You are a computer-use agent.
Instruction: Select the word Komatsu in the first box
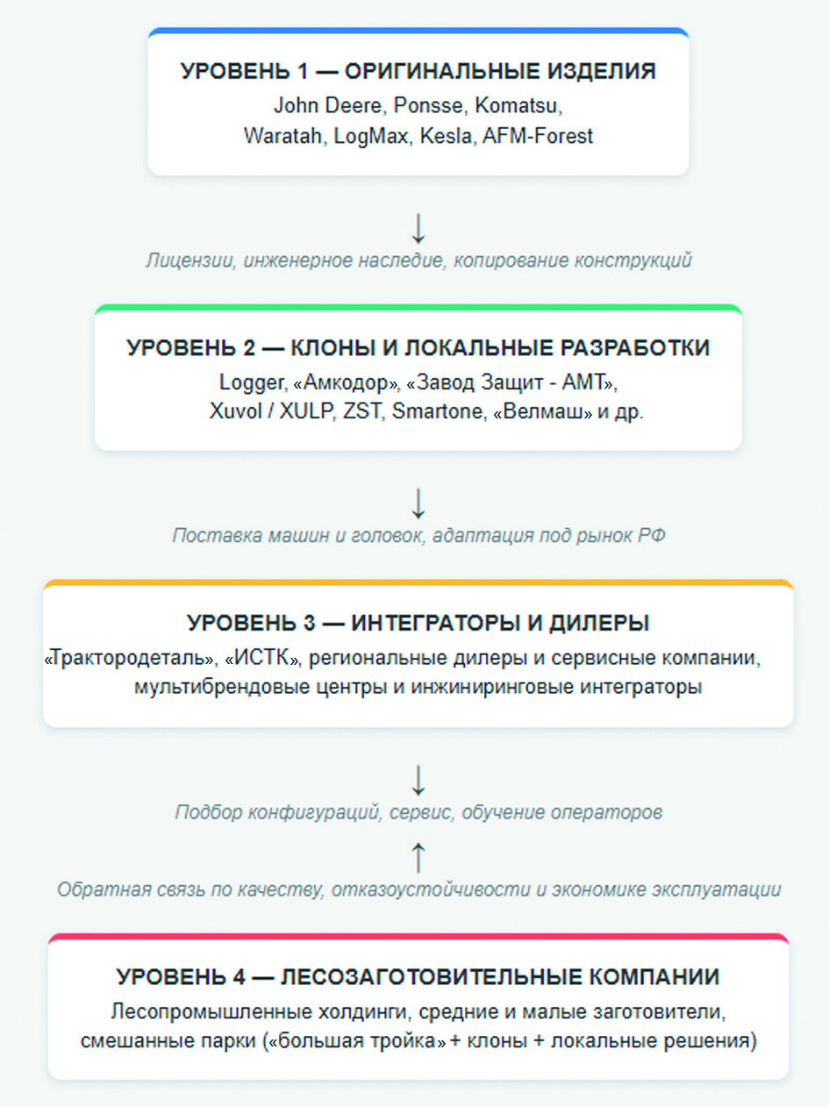click(517, 105)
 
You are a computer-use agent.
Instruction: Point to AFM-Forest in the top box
click(539, 137)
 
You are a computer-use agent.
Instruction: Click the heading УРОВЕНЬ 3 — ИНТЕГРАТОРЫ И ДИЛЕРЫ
click(418, 624)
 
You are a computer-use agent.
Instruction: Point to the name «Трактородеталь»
click(129, 657)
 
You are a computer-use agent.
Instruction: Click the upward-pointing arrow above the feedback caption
click(418, 857)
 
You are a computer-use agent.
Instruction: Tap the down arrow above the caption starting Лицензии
click(418, 228)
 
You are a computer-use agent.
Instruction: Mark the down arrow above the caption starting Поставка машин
click(418, 503)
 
